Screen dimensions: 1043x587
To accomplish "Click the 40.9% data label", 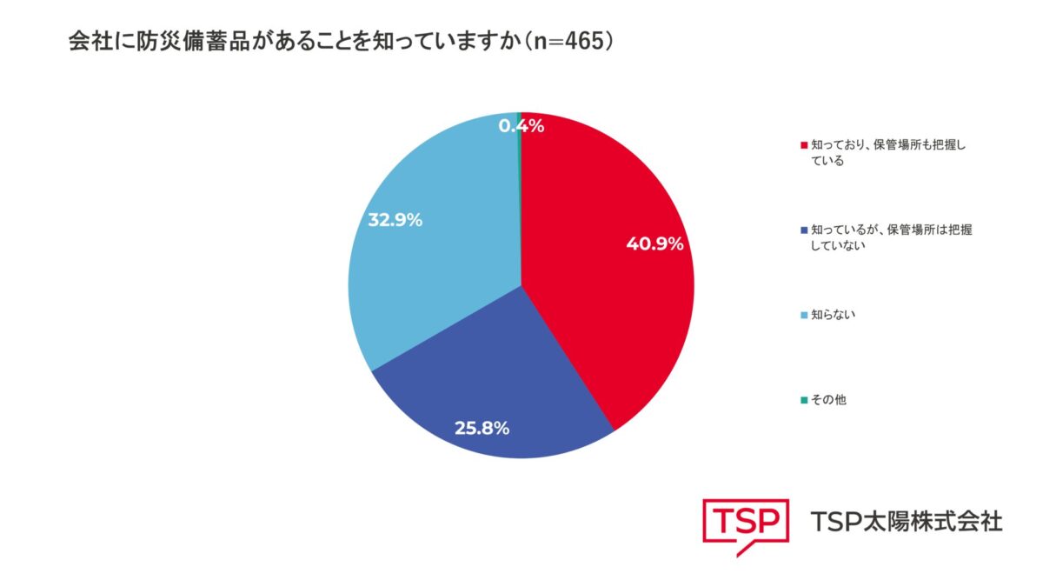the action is (654, 243).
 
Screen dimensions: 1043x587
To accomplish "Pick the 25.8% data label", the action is (482, 428).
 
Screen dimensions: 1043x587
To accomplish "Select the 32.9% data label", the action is (395, 220).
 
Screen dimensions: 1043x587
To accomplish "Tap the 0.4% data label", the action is (521, 126).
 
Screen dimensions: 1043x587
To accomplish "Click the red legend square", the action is (804, 145).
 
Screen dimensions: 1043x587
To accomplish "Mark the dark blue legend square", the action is (804, 230).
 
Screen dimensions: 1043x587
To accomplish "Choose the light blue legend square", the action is (804, 316).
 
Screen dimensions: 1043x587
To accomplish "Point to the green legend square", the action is (804, 400).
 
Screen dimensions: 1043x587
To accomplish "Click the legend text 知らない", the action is (833, 315).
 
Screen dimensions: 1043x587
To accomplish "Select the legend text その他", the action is (828, 400).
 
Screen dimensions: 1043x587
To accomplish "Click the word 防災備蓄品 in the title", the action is (193, 42).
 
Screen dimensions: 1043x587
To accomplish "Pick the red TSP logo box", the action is (746, 527).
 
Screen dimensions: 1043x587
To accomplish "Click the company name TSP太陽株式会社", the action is (907, 521).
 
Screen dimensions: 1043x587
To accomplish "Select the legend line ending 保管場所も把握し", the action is (888, 145).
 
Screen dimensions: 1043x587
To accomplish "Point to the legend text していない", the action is (838, 245).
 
